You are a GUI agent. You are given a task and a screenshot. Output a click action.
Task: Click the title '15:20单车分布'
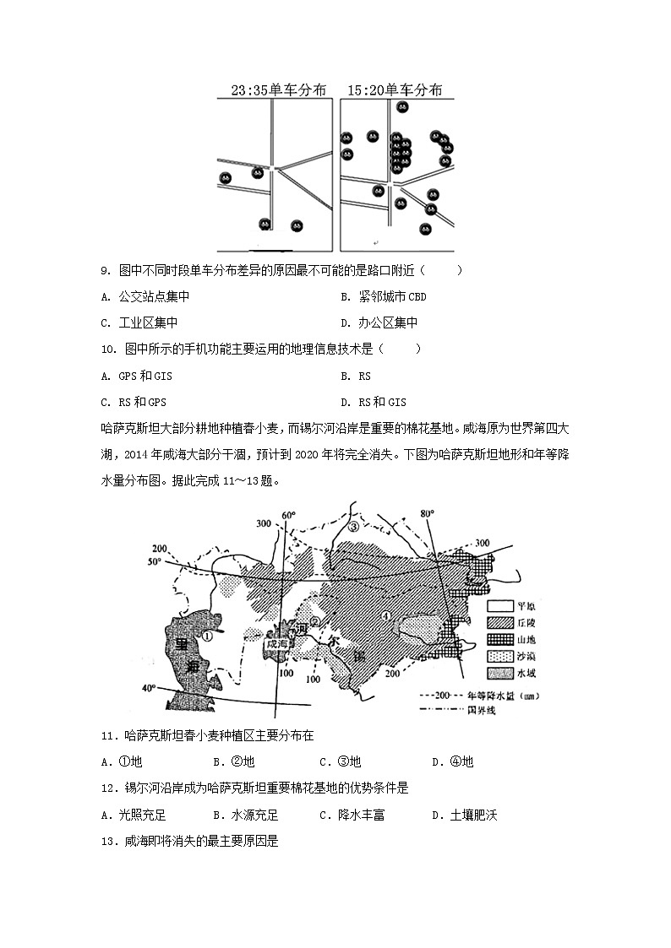tap(396, 89)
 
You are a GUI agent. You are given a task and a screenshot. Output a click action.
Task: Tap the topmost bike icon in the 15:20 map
tap(403, 107)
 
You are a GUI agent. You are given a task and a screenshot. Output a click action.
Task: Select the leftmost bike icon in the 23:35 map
tap(225, 177)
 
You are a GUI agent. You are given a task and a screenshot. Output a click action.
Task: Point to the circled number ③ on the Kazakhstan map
tap(354, 526)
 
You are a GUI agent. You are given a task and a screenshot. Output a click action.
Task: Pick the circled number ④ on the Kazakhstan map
tap(385, 615)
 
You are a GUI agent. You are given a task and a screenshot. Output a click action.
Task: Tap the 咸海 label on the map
tap(277, 643)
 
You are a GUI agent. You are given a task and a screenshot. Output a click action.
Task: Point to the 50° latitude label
tap(153, 561)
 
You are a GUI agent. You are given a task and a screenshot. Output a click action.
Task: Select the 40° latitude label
tap(148, 688)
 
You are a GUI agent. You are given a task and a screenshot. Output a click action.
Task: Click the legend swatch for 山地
tap(501, 639)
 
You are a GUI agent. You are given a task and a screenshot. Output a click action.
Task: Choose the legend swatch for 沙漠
tap(501, 656)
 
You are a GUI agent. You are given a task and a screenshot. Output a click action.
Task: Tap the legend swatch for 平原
tap(501, 606)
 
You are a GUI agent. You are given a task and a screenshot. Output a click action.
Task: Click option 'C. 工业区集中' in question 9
tap(139, 322)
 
